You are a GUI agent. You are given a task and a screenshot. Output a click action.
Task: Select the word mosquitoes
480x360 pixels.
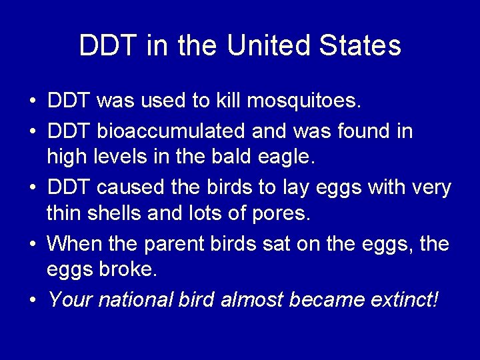point(304,101)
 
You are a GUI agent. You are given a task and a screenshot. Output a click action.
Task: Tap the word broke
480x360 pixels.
point(130,271)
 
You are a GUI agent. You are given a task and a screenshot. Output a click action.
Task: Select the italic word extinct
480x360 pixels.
point(406,299)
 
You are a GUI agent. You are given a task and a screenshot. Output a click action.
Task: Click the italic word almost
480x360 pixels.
point(251,299)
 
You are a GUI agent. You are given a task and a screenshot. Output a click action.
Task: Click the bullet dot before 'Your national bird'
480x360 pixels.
point(33,301)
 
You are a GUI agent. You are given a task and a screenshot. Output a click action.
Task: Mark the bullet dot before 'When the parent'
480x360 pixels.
point(33,245)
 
